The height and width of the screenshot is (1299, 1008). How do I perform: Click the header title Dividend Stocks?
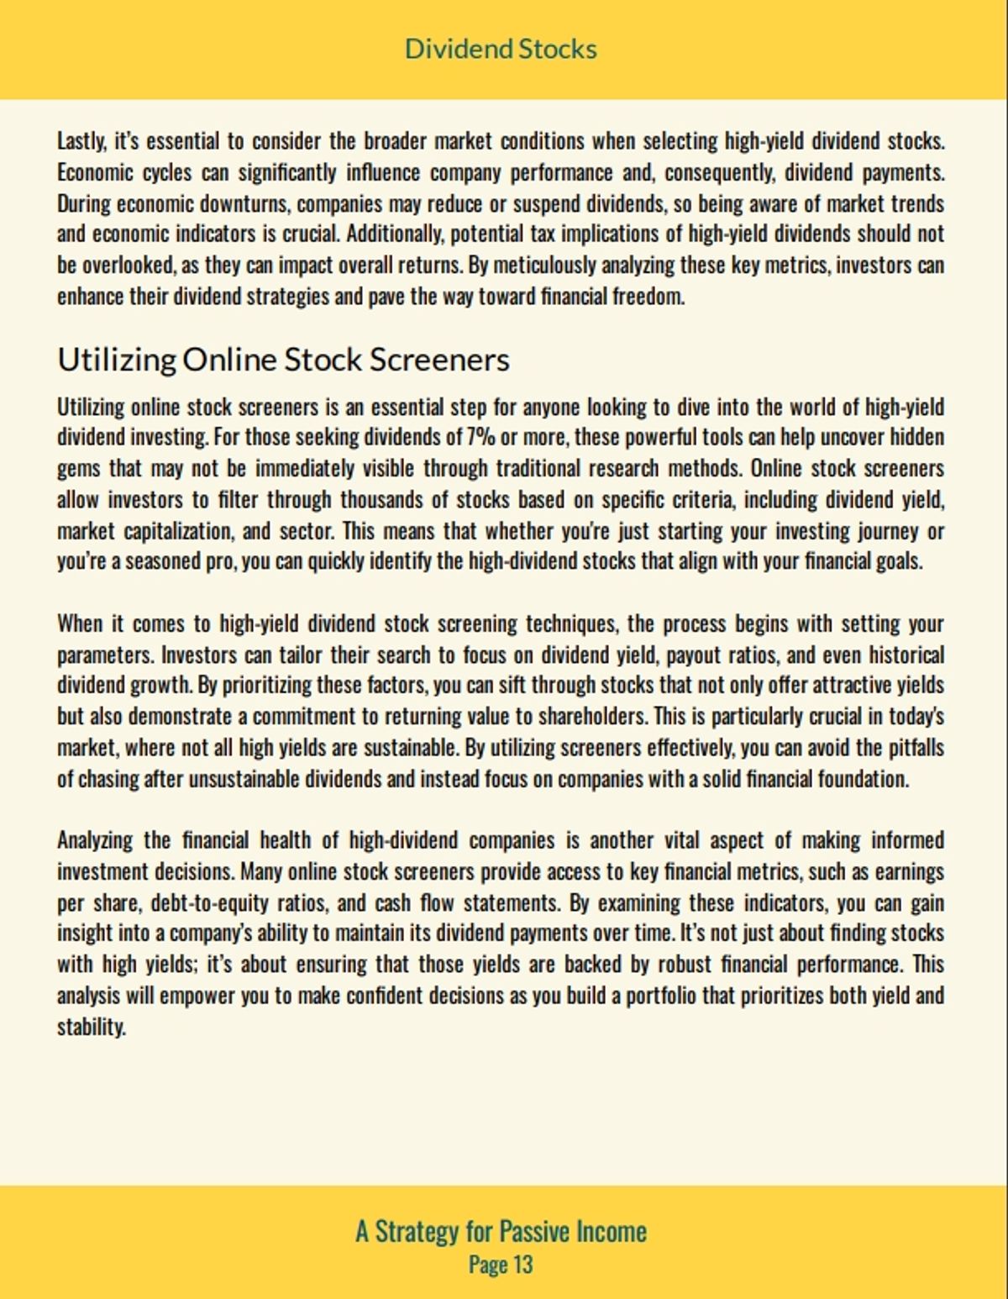pos(501,49)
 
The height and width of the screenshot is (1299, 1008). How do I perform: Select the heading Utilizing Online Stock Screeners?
pos(283,360)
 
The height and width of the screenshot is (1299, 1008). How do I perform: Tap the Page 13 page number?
pos(501,1265)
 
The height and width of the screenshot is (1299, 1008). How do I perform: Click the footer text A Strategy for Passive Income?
pos(501,1232)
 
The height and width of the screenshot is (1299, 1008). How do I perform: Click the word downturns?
pos(245,203)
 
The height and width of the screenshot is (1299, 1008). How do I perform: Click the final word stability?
pos(91,1028)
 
